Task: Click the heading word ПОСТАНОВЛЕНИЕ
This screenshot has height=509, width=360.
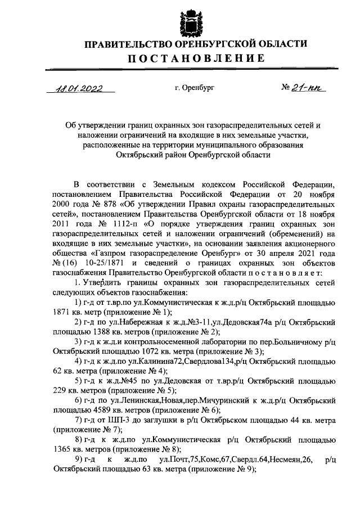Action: point(195,58)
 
